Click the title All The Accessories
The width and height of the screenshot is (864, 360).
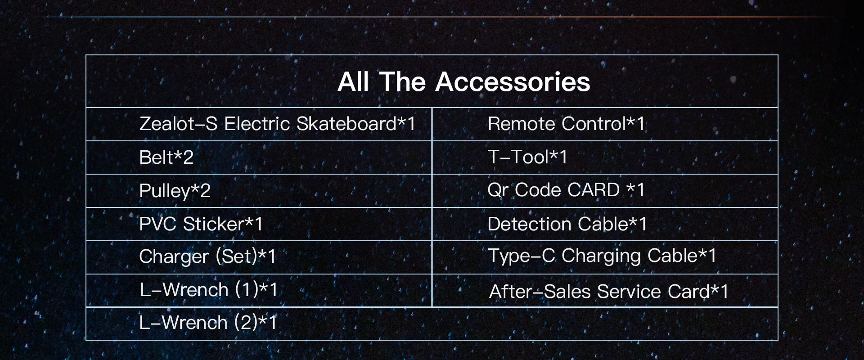pos(463,82)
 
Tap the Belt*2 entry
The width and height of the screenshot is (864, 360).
pos(166,157)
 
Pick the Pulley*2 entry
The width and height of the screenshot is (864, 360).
pos(175,191)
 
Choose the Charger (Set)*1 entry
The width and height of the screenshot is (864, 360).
pos(207,257)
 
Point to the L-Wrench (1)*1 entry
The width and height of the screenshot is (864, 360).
pos(209,290)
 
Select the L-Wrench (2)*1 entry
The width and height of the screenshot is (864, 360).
pos(208,323)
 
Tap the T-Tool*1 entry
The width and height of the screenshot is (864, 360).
pos(527,157)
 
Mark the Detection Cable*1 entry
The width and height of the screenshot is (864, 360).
pos(567,224)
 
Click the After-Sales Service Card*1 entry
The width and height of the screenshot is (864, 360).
pos(609,292)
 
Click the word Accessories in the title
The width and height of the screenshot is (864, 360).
pos(513,82)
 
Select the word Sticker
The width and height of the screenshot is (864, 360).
pos(214,224)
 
